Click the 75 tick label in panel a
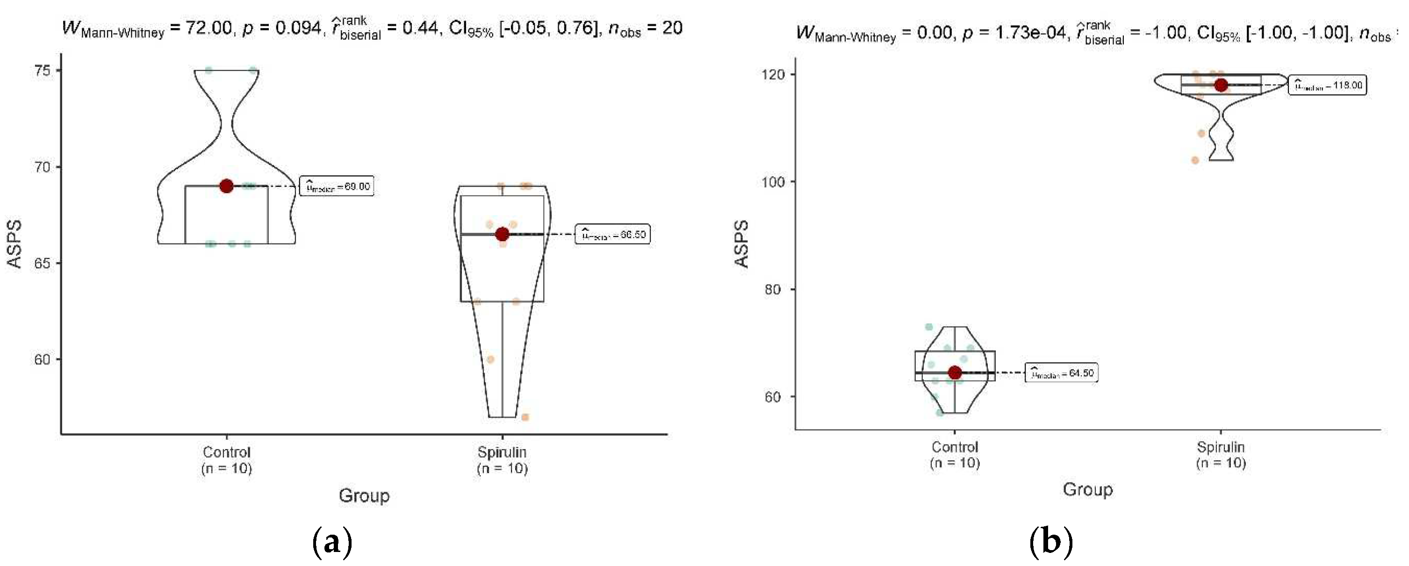(42, 71)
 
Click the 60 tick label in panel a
(42, 359)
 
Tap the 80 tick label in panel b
(773, 289)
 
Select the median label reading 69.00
(337, 186)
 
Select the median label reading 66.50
(612, 235)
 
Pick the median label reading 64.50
(1061, 373)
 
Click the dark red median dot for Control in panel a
(226, 186)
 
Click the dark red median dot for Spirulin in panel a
(502, 235)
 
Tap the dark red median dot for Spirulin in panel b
(1221, 85)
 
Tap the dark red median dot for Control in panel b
(955, 373)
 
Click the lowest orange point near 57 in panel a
(525, 417)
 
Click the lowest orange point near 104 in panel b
(1195, 160)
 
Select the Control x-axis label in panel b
(955, 454)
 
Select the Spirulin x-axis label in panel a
(502, 460)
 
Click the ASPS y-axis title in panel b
(741, 244)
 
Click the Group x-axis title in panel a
(364, 495)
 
